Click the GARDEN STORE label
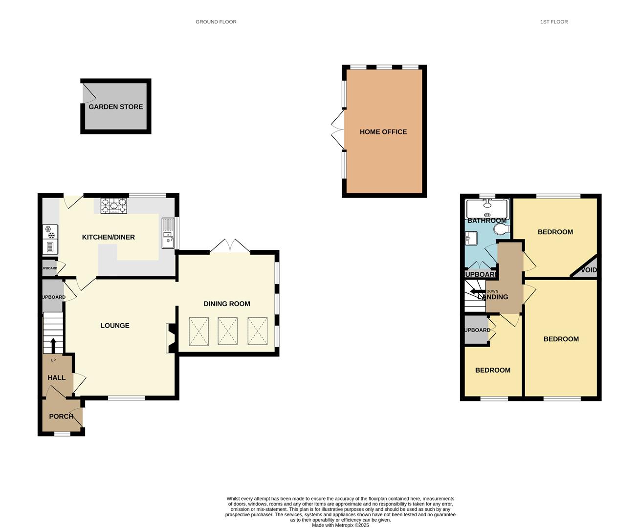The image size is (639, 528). pyautogui.click(x=115, y=107)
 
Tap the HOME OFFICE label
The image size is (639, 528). pyautogui.click(x=383, y=132)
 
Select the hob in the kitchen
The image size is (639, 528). pyautogui.click(x=113, y=206)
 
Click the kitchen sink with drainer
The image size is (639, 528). pyautogui.click(x=168, y=233)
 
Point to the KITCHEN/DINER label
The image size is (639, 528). pyautogui.click(x=108, y=237)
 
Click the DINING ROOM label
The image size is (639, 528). pyautogui.click(x=226, y=304)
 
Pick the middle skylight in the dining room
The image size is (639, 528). pyautogui.click(x=227, y=331)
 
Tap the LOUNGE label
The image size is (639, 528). pyautogui.click(x=115, y=326)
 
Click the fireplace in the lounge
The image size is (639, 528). pyautogui.click(x=171, y=338)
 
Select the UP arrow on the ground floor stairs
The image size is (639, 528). pyautogui.click(x=53, y=345)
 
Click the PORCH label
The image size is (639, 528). pyautogui.click(x=61, y=417)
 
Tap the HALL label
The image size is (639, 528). pyautogui.click(x=56, y=378)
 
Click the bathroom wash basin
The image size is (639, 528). pyautogui.click(x=471, y=238)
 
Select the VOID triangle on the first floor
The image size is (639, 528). pyautogui.click(x=588, y=269)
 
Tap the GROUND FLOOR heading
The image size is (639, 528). pyautogui.click(x=216, y=22)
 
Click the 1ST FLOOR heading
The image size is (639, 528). pyautogui.click(x=553, y=22)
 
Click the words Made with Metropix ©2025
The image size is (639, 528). pyautogui.click(x=340, y=525)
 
